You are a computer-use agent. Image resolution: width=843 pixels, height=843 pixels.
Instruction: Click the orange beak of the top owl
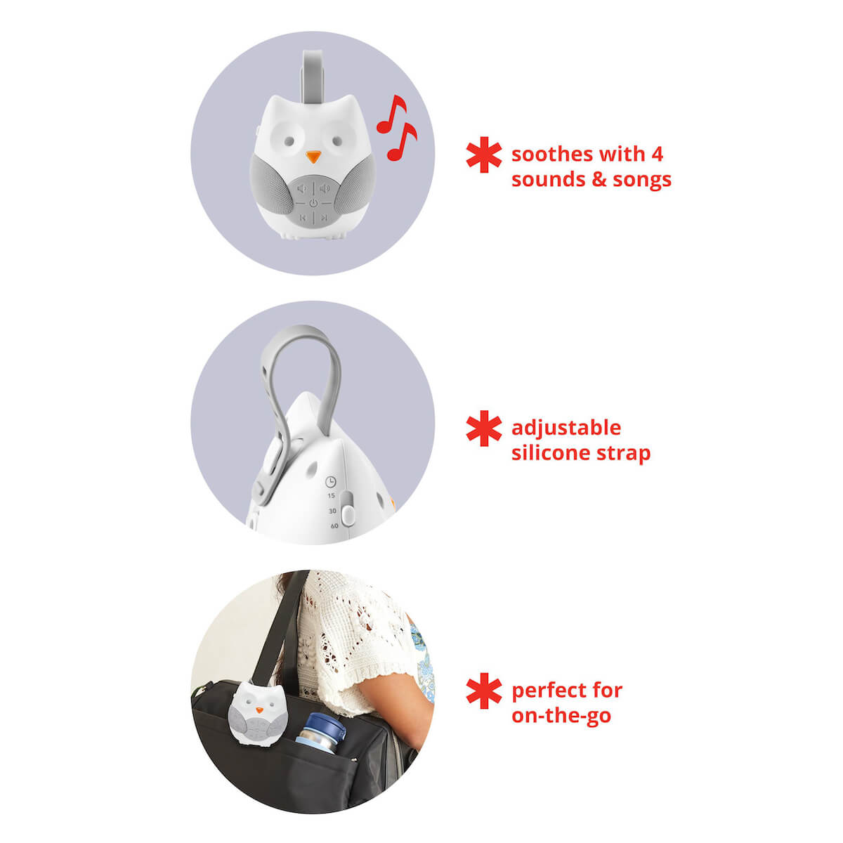(x=313, y=157)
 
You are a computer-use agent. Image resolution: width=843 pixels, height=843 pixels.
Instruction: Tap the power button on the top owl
(x=313, y=203)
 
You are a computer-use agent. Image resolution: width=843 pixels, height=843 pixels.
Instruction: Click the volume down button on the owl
(x=302, y=188)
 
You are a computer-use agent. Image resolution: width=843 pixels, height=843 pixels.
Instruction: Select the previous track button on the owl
(x=302, y=217)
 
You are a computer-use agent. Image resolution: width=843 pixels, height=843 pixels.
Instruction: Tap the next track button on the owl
(x=324, y=217)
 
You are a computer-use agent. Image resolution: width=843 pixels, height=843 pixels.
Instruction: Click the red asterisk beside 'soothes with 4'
(x=484, y=155)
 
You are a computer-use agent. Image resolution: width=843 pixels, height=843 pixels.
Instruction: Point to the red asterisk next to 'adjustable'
(x=484, y=429)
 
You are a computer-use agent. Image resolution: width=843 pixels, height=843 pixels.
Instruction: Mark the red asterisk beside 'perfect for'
(x=484, y=691)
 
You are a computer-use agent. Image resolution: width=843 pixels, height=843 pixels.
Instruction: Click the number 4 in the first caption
(x=657, y=154)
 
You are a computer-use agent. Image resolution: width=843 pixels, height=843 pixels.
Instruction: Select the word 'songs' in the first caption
(x=642, y=180)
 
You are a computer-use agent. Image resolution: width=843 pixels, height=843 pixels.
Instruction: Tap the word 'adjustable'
(x=566, y=429)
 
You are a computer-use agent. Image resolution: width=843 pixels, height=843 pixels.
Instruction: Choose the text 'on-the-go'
(x=561, y=716)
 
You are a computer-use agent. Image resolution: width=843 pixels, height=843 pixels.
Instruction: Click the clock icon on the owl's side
(x=331, y=482)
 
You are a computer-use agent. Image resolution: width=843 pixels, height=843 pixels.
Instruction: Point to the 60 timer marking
(x=334, y=526)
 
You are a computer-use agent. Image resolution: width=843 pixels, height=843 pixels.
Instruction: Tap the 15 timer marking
(x=331, y=496)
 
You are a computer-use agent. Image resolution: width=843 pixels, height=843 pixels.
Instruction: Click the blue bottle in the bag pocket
(x=320, y=732)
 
